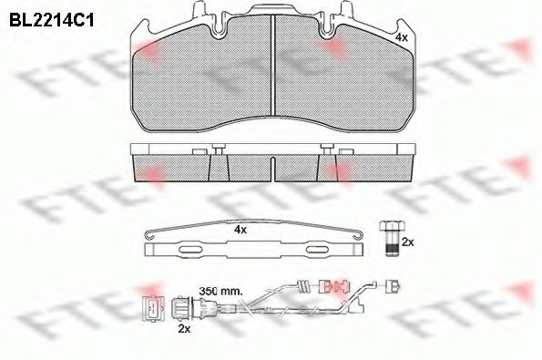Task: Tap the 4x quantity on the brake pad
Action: (x=402, y=37)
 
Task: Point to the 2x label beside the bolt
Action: (x=408, y=242)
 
